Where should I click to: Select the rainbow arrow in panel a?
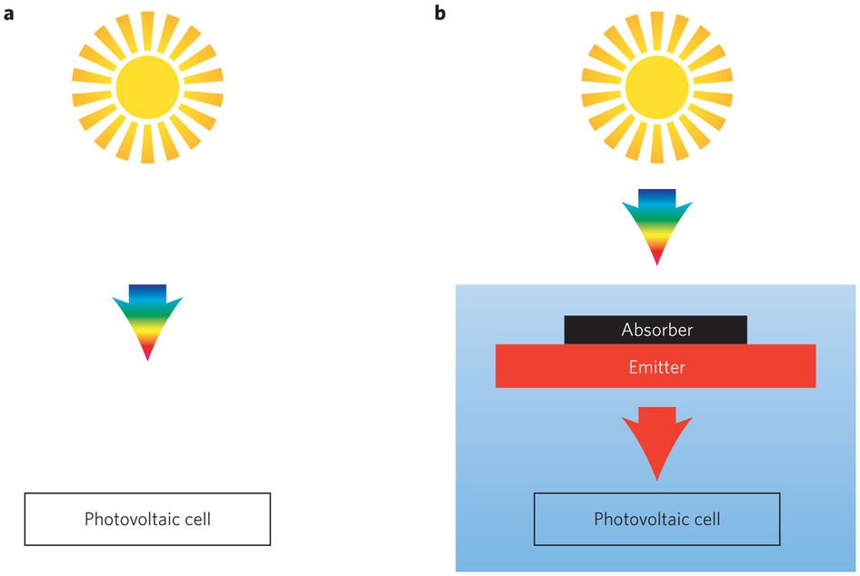pyautogui.click(x=147, y=318)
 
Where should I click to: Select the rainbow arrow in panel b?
pyautogui.click(x=656, y=223)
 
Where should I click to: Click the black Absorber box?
pyautogui.click(x=656, y=330)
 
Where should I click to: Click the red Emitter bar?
pyautogui.click(x=655, y=367)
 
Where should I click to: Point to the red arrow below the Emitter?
pyautogui.click(x=656, y=441)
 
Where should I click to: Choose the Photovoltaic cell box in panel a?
pyautogui.click(x=147, y=519)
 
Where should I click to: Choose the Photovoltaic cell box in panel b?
pyautogui.click(x=656, y=519)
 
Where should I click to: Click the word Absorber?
pyautogui.click(x=656, y=330)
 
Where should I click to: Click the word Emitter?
pyautogui.click(x=656, y=367)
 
